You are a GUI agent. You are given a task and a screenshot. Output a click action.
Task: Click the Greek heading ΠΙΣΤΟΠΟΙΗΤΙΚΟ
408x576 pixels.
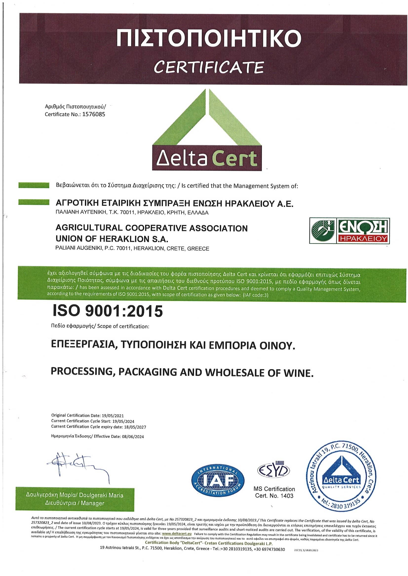(x=209, y=38)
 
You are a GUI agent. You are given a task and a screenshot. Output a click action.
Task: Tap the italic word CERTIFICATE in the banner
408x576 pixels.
(x=209, y=67)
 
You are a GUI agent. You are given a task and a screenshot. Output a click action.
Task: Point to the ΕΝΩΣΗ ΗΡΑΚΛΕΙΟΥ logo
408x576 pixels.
(x=350, y=230)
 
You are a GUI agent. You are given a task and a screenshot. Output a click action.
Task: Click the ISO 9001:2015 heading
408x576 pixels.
(x=108, y=311)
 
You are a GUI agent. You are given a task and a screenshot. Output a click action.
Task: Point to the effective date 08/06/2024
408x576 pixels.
(x=133, y=436)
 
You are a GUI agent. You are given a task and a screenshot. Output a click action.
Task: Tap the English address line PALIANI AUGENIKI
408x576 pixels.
(x=132, y=249)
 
